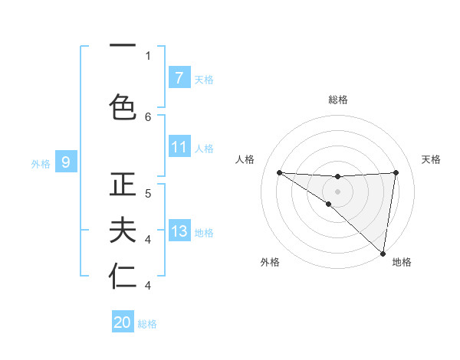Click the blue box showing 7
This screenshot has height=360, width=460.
[179, 77]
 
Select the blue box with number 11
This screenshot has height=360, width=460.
[179, 147]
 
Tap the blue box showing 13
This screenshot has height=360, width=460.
[179, 231]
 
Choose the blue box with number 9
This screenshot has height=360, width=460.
[66, 162]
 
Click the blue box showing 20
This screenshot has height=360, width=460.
[123, 322]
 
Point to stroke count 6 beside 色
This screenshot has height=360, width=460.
[148, 116]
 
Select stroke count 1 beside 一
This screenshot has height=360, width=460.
[148, 55]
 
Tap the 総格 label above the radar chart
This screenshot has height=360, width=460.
[338, 100]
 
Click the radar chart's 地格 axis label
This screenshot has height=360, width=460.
[402, 262]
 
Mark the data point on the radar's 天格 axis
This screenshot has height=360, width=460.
[396, 172]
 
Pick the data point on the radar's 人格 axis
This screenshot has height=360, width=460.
[279, 172]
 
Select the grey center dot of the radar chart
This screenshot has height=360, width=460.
[338, 190]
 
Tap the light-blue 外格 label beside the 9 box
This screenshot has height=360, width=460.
[41, 163]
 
